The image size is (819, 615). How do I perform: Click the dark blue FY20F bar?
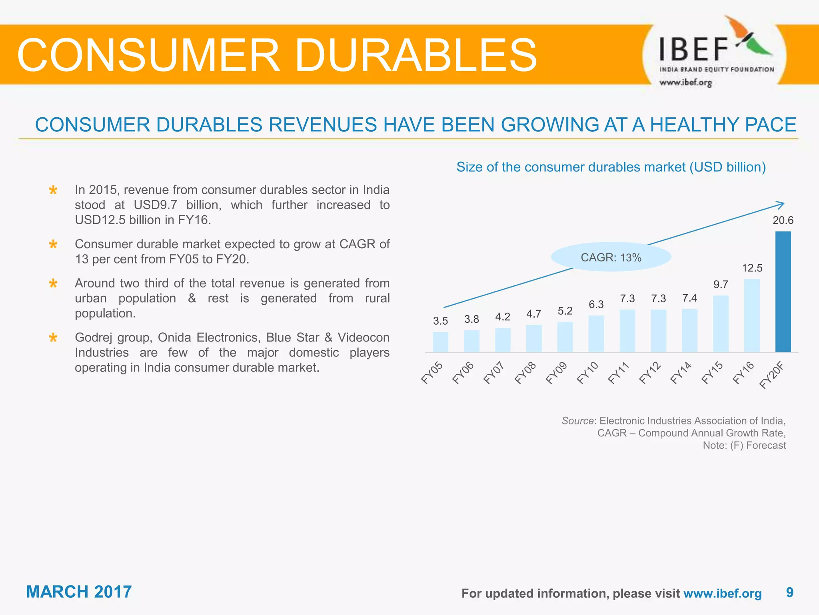783,292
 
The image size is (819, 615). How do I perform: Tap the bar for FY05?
440,342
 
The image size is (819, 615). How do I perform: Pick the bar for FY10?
596,334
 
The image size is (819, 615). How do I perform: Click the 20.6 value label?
783,220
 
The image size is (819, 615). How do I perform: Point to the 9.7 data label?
721,285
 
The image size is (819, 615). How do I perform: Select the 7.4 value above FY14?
689,298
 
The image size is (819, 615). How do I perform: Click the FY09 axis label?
556,373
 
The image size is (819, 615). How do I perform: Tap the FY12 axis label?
650,373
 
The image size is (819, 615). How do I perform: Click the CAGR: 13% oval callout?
611,257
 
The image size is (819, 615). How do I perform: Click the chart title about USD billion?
611,167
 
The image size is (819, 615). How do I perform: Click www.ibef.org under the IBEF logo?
685,83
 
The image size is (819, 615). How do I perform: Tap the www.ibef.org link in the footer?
722,593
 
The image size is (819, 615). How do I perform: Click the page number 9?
789,593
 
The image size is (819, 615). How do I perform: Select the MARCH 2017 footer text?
79,592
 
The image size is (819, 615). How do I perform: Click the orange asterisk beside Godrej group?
53,338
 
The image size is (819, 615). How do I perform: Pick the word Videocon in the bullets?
363,338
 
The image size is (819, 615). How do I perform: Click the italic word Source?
577,421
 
